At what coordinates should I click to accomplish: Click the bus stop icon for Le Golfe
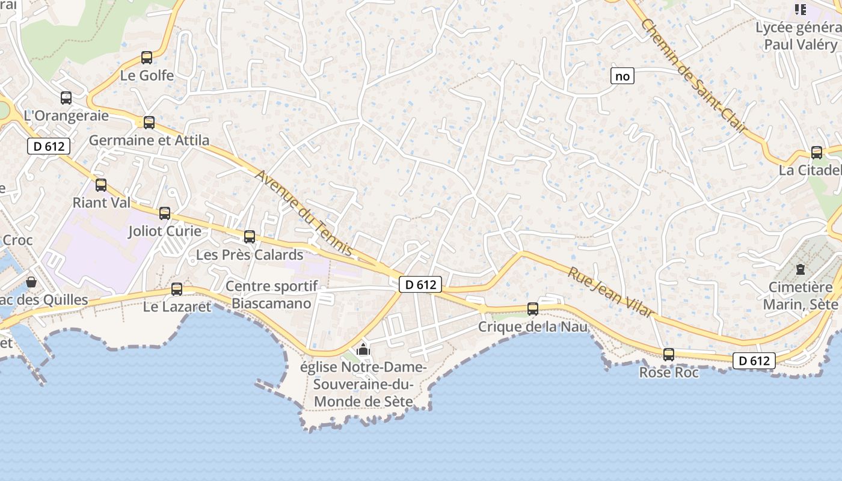click(x=147, y=58)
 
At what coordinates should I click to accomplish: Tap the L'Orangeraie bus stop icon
click(x=66, y=97)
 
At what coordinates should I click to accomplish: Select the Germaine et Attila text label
click(x=149, y=140)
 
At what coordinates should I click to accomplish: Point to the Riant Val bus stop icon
click(x=101, y=185)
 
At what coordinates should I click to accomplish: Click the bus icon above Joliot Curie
click(x=165, y=213)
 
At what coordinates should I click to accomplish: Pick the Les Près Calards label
click(x=250, y=254)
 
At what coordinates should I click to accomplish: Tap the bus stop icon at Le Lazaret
click(x=177, y=289)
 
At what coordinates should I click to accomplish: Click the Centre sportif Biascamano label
click(x=272, y=295)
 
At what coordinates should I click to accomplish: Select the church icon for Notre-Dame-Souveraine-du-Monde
click(x=363, y=349)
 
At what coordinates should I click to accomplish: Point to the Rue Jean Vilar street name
click(x=610, y=292)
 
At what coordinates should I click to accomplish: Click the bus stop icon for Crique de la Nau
click(x=533, y=309)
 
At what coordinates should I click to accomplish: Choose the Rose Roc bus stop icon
click(x=669, y=355)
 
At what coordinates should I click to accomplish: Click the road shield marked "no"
click(x=622, y=76)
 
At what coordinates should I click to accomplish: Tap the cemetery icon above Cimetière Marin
click(x=801, y=269)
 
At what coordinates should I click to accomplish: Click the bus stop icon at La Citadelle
click(x=817, y=153)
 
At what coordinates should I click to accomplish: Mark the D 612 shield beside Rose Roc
click(x=754, y=361)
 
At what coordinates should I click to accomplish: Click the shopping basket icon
click(x=31, y=281)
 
